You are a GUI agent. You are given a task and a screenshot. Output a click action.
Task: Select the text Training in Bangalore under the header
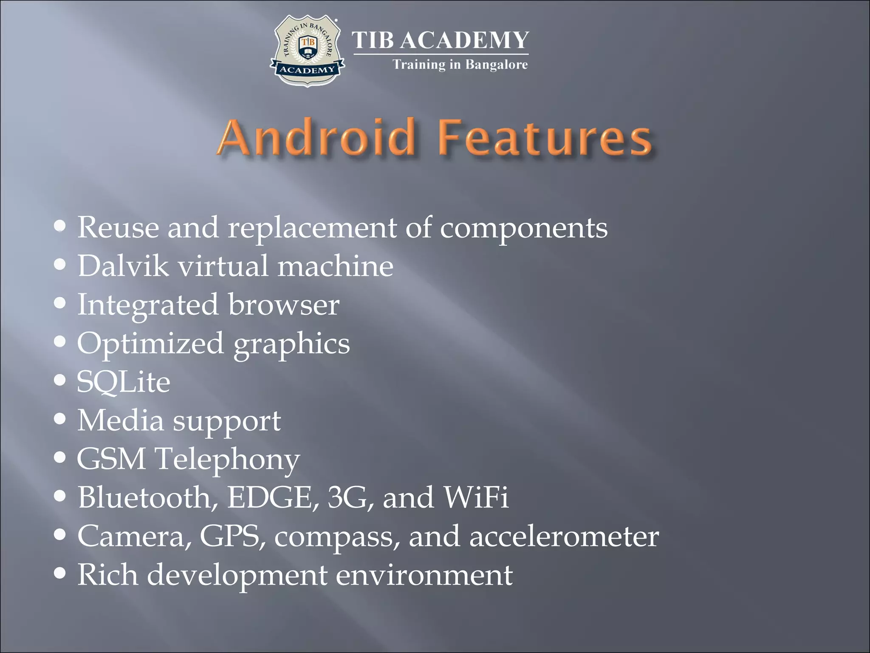point(460,65)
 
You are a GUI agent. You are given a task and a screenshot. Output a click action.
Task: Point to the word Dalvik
point(123,266)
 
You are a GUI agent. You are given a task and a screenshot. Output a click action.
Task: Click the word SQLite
point(123,382)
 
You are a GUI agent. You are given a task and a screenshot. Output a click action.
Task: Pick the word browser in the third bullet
point(284,305)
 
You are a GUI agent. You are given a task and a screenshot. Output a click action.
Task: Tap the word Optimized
point(150,344)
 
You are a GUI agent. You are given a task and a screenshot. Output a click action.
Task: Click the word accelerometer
point(564,537)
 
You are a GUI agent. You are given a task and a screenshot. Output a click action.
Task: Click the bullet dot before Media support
point(60,419)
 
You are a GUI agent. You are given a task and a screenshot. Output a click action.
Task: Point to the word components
point(523,228)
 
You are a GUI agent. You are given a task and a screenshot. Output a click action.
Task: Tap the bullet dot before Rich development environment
point(60,574)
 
